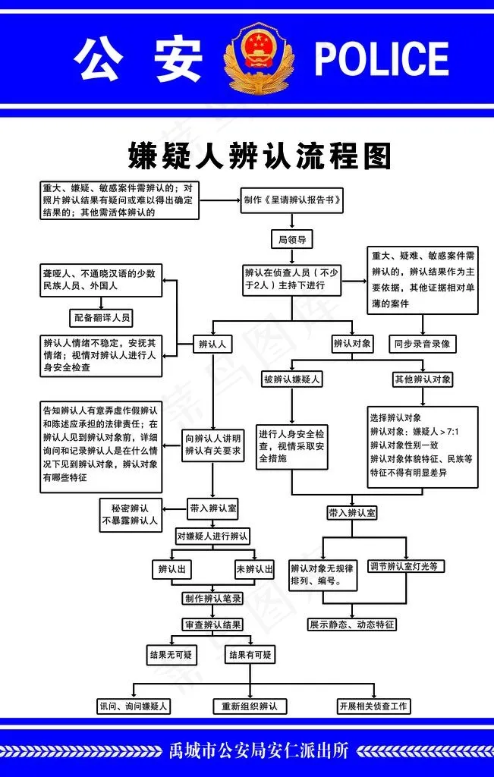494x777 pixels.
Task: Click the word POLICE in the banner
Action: (x=381, y=59)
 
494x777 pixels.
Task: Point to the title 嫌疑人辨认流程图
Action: (x=260, y=156)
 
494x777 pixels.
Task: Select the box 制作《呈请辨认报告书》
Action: (x=291, y=201)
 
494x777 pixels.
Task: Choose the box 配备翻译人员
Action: (x=101, y=317)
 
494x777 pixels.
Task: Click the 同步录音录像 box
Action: (x=422, y=344)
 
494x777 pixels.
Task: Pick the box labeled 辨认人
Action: (x=212, y=344)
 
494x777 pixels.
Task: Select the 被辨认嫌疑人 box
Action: (x=291, y=379)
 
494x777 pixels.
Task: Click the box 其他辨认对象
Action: (x=423, y=379)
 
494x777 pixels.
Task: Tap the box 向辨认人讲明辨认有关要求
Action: (x=213, y=444)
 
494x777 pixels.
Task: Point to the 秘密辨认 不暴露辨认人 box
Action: (x=130, y=514)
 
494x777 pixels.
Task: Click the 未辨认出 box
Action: (x=254, y=569)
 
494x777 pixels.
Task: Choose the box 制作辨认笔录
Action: (x=212, y=598)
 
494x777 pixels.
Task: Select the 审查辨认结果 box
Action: (x=212, y=624)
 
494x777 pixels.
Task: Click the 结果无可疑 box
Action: (x=171, y=654)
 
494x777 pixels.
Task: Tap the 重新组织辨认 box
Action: (x=249, y=706)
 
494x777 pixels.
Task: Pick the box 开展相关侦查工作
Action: (x=373, y=706)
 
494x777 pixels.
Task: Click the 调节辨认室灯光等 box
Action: (x=407, y=565)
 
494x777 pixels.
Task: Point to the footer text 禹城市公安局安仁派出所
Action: (x=260, y=751)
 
